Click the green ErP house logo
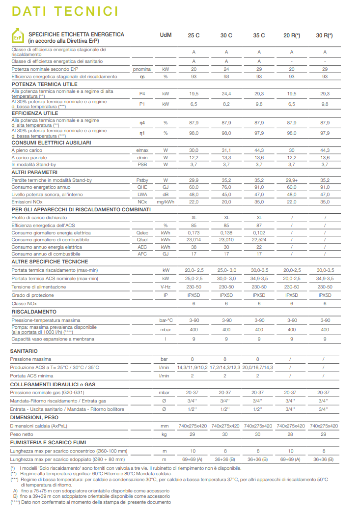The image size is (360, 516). click(17, 37)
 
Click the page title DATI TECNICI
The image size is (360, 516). click(65, 11)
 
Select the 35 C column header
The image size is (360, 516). click(259, 35)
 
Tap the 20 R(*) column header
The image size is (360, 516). click(292, 35)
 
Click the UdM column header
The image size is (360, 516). click(166, 35)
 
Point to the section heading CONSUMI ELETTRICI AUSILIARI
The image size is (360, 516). click(51, 143)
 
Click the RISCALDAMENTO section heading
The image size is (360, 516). click(34, 312)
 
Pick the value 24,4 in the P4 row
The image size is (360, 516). click(226, 93)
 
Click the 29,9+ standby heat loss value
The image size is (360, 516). click(292, 180)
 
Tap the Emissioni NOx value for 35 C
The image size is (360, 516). click(259, 202)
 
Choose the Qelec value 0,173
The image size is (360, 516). click(194, 232)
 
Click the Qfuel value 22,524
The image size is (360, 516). click(259, 239)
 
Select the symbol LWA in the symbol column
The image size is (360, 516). click(142, 195)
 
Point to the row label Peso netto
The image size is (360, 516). click(23, 435)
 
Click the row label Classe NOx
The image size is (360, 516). click(24, 304)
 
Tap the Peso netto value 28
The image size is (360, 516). click(292, 435)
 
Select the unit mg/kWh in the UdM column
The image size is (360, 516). click(166, 202)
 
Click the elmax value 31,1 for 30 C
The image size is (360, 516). click(226, 150)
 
